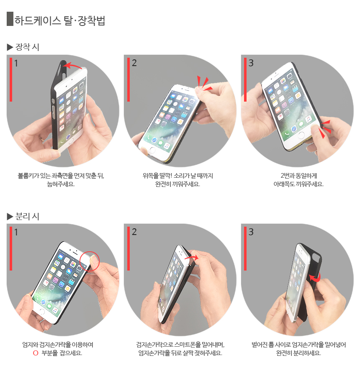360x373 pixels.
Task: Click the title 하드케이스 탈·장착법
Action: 60,20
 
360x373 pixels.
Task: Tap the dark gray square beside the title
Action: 10,19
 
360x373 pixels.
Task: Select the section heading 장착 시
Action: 27,47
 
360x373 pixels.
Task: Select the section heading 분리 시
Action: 27,216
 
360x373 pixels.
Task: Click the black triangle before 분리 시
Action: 10,217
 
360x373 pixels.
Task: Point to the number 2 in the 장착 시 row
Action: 134,63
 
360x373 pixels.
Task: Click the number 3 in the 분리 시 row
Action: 251,232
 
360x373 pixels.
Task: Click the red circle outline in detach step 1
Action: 89,261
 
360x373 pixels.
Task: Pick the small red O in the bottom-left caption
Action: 36,353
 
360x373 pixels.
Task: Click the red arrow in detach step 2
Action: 192,258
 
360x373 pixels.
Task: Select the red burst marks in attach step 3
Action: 325,129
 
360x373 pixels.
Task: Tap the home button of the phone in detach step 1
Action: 42,312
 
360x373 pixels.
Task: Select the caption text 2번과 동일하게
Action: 298,176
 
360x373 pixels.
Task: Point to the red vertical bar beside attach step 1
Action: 11,79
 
